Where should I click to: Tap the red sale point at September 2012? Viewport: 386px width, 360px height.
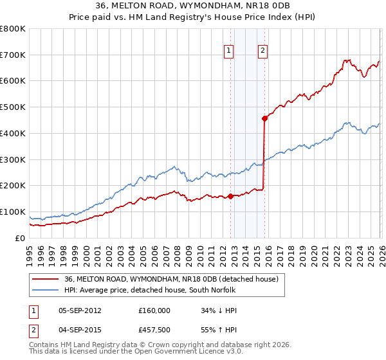click(x=230, y=197)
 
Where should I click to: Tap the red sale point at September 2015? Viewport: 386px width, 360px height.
click(x=264, y=118)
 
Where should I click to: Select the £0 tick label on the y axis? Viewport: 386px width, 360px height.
click(x=19, y=238)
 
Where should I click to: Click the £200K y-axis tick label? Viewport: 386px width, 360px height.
click(x=12, y=186)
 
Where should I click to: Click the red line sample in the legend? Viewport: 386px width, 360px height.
click(x=45, y=279)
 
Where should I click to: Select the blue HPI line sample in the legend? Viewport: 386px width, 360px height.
click(x=45, y=291)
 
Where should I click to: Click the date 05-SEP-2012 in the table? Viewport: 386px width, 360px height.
click(x=80, y=310)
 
